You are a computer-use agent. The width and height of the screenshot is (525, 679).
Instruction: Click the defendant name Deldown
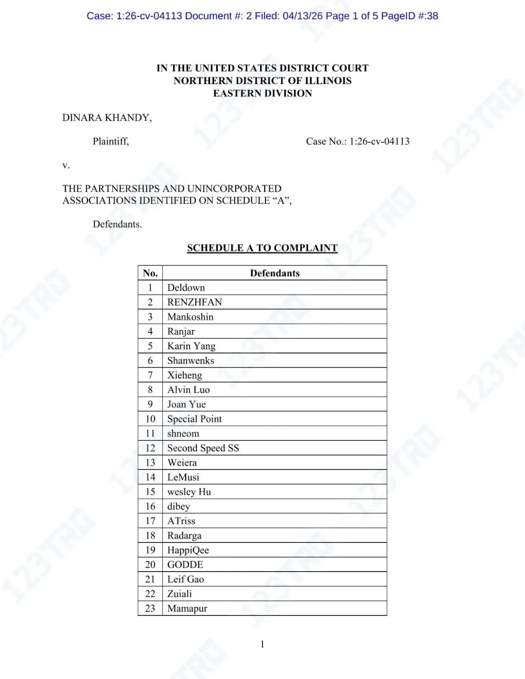click(186, 288)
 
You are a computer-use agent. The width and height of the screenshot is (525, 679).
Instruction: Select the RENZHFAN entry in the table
click(194, 302)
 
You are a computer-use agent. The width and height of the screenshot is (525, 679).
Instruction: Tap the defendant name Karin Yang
click(191, 346)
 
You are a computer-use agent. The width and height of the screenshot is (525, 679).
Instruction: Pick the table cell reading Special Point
click(194, 419)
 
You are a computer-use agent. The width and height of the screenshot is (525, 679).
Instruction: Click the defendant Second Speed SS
click(203, 448)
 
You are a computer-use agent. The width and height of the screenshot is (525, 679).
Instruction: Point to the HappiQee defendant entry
click(188, 550)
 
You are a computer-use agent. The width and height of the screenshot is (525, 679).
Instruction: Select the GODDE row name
click(185, 565)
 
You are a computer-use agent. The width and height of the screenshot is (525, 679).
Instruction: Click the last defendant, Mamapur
click(187, 609)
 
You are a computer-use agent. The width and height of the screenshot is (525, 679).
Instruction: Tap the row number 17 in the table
click(150, 521)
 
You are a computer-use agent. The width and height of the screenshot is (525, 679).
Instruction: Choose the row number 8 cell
click(150, 390)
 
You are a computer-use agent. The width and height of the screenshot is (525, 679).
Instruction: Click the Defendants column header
click(275, 273)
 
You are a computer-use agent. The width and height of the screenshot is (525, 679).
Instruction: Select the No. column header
click(150, 273)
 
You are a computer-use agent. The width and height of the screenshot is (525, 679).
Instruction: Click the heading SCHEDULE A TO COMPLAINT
click(262, 248)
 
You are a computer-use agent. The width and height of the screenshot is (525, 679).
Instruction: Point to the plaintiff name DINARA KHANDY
click(107, 118)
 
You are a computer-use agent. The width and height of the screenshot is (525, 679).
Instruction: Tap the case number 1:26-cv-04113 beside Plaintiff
click(379, 141)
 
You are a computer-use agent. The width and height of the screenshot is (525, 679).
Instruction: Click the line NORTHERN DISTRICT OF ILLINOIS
click(262, 81)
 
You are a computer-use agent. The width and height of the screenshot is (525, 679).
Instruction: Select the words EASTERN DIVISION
click(262, 93)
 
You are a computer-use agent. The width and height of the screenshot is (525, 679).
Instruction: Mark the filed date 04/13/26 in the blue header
click(303, 16)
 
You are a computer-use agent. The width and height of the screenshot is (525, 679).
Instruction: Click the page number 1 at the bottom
click(262, 644)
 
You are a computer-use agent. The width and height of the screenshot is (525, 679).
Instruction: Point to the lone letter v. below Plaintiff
click(66, 165)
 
